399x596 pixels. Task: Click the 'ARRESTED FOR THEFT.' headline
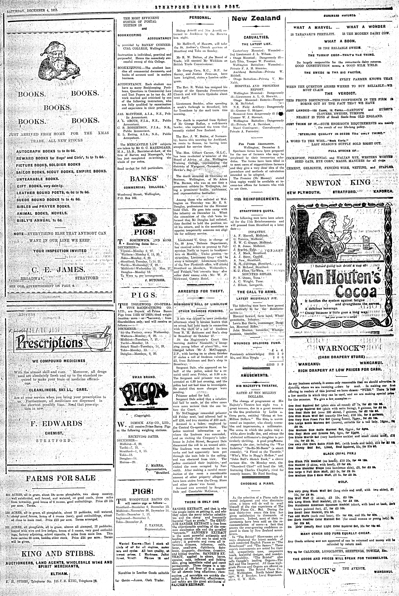(201, 291)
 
